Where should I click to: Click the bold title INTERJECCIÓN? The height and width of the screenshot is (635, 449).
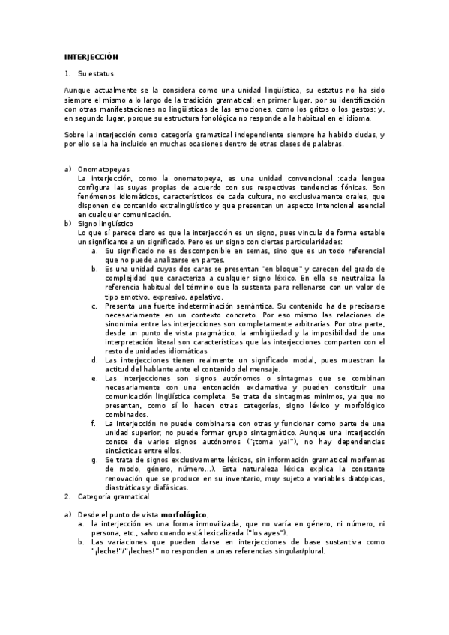pos(91,57)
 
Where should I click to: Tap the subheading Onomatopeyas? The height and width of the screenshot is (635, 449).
pos(103,170)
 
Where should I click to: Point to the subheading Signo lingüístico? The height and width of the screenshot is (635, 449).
pos(106,223)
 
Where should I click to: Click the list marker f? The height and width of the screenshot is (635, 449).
pos(94,423)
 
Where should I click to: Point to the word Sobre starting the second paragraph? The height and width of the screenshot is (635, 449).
pos(76,134)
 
